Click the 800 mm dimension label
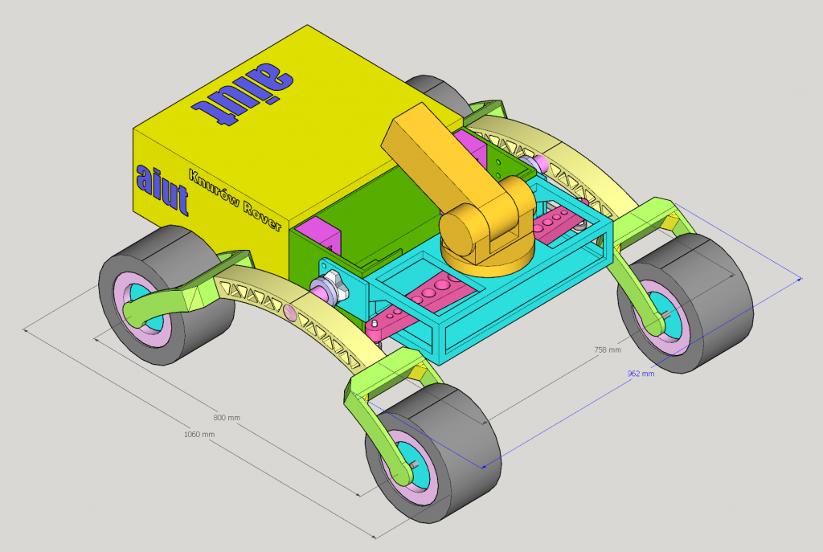point(227,418)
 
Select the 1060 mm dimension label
point(199,435)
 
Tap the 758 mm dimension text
point(608,350)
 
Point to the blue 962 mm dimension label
point(641,374)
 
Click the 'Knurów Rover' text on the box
point(235,199)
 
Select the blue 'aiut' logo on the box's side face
point(162,190)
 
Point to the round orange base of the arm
point(487,258)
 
